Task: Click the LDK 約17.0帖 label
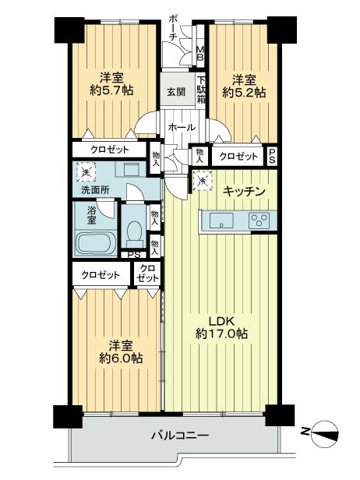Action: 221,326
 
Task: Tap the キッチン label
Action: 245,192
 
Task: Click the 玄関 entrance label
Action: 175,92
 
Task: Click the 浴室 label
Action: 91,214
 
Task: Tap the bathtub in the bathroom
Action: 97,242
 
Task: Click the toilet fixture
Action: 134,232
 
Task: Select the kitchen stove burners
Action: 257,222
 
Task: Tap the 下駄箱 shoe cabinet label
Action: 200,90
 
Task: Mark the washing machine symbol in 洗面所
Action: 84,170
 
